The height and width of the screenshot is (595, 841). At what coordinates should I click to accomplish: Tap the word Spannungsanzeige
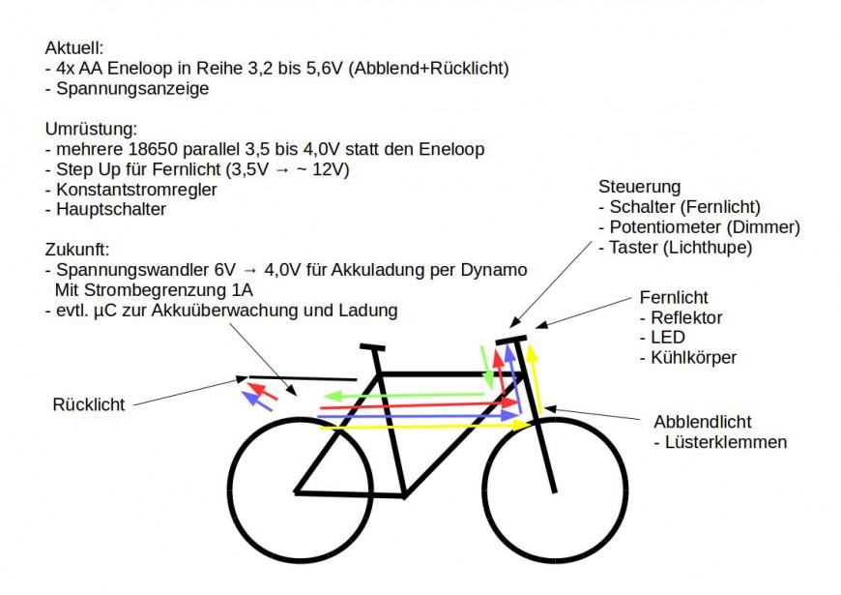click(132, 89)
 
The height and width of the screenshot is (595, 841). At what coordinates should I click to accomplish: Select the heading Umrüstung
click(91, 129)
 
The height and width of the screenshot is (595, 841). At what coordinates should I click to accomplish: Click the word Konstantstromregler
click(136, 190)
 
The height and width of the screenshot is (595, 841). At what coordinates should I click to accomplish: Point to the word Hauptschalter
click(111, 209)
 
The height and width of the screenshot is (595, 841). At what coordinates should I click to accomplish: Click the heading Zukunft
click(76, 250)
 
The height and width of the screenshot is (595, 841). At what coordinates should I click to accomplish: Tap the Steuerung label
click(639, 187)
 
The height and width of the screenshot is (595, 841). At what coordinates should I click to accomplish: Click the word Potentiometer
click(665, 227)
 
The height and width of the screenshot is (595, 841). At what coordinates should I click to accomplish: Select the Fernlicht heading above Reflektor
click(674, 298)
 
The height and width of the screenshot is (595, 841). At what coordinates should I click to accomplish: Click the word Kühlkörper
click(693, 358)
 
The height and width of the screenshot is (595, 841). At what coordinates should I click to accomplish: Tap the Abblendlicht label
click(702, 422)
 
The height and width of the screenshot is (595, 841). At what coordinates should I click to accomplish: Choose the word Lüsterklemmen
click(726, 442)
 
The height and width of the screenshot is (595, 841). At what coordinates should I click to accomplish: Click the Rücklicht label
click(89, 405)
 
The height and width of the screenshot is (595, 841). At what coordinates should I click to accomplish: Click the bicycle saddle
click(372, 347)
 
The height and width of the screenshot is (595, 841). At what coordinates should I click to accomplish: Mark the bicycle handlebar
click(511, 340)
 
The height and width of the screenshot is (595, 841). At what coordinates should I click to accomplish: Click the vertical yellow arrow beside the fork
click(535, 379)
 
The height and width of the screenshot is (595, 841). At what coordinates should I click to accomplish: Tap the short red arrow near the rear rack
click(262, 392)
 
